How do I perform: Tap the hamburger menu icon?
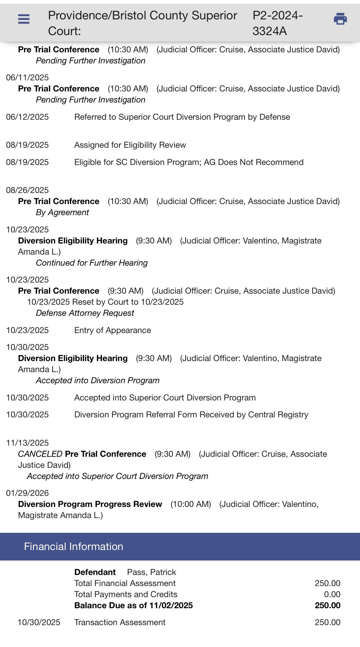click(x=24, y=19)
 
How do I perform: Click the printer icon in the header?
click(x=340, y=19)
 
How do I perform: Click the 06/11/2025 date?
click(x=27, y=78)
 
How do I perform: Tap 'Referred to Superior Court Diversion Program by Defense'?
click(x=182, y=117)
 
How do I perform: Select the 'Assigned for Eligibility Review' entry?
click(x=130, y=145)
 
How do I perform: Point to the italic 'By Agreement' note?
click(x=62, y=212)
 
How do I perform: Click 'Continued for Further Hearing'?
click(x=92, y=263)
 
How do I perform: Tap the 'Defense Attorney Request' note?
click(x=85, y=313)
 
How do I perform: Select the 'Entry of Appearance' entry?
click(x=113, y=330)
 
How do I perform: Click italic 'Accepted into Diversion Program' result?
click(x=98, y=380)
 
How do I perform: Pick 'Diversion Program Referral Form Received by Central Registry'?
click(x=191, y=415)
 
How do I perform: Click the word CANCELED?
click(x=40, y=454)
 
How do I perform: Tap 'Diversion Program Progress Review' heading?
click(x=90, y=504)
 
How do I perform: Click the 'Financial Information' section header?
click(x=74, y=546)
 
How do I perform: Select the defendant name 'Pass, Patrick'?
click(x=151, y=572)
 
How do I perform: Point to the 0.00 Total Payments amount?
click(x=332, y=594)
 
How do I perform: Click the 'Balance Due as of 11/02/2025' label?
click(x=134, y=605)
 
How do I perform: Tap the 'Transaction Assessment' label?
click(x=120, y=622)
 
